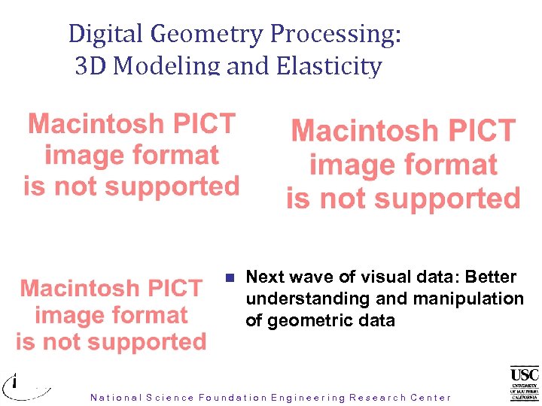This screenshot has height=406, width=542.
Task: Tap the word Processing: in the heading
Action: (x=335, y=34)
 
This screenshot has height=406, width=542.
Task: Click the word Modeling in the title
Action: (x=167, y=66)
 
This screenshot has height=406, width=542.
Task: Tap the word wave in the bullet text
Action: (x=308, y=277)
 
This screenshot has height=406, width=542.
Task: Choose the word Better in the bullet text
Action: (x=492, y=277)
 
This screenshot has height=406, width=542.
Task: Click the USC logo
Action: (x=524, y=383)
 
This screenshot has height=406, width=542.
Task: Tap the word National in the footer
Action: (x=115, y=398)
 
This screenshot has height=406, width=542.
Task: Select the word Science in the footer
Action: (x=170, y=398)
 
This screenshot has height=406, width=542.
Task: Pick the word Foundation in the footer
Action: (x=233, y=398)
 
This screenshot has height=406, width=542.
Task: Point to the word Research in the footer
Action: (x=376, y=398)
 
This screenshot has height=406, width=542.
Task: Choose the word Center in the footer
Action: (x=431, y=398)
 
